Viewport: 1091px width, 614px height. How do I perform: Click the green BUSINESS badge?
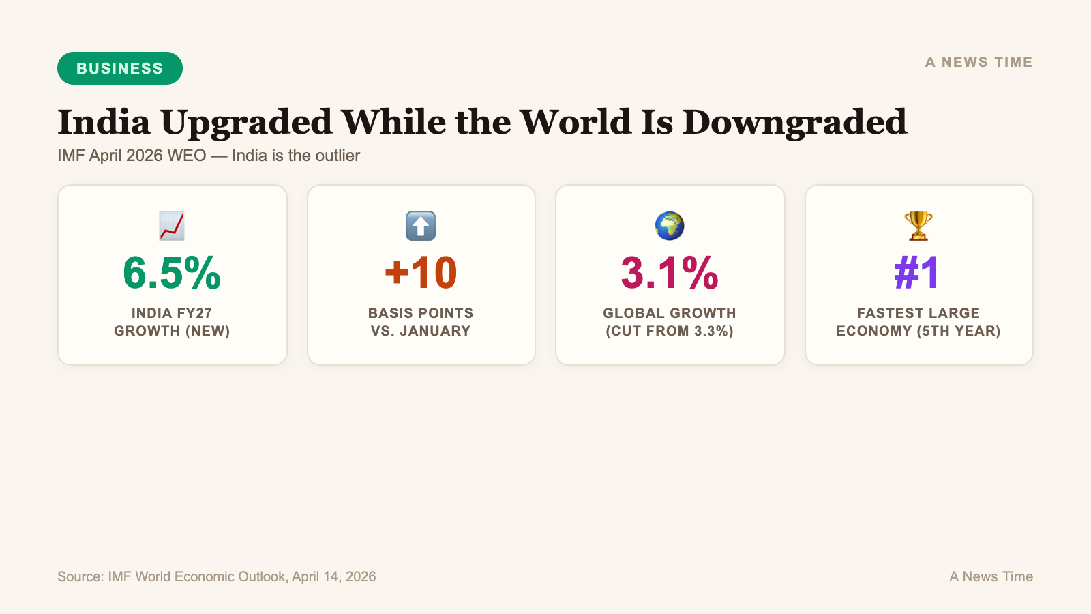click(120, 68)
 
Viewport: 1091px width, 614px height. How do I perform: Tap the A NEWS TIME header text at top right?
click(978, 62)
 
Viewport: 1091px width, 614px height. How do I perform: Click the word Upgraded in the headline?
click(246, 123)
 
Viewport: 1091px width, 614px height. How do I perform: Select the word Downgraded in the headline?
click(794, 123)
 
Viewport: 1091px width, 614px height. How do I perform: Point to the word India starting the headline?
click(104, 123)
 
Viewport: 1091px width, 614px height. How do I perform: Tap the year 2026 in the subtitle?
click(144, 156)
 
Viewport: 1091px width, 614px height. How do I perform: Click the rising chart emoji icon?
click(172, 226)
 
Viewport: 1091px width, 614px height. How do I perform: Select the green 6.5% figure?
click(172, 273)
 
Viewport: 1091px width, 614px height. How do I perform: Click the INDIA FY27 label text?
click(172, 313)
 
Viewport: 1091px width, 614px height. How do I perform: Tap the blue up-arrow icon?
click(421, 226)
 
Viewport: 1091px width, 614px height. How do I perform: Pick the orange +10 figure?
click(421, 273)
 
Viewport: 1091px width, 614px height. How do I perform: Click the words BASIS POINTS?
click(421, 313)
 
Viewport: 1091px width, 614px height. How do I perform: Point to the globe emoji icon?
click(670, 226)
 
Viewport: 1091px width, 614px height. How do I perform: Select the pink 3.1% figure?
click(670, 273)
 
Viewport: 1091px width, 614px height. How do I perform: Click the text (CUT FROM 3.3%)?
click(670, 331)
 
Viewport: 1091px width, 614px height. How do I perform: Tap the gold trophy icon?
click(918, 226)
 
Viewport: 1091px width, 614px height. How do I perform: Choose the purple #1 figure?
click(918, 273)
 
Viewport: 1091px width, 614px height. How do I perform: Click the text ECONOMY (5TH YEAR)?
click(918, 331)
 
